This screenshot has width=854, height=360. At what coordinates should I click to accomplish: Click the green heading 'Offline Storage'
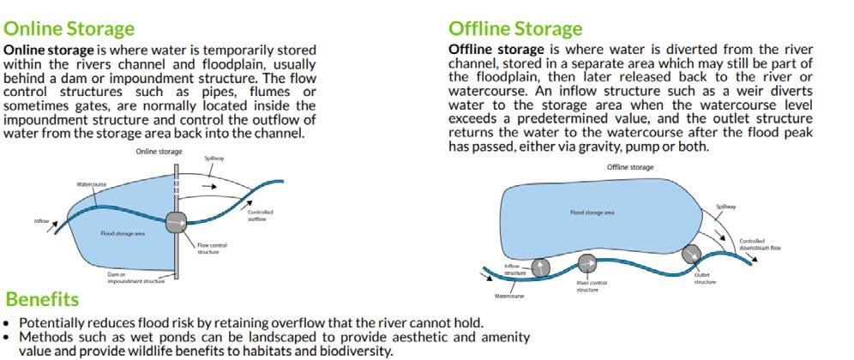click(515, 29)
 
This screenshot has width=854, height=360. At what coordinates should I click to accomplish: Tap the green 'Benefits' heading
click(42, 299)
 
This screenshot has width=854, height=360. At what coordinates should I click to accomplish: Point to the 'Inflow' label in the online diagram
click(41, 220)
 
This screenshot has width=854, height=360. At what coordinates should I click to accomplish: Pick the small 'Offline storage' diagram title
click(629, 167)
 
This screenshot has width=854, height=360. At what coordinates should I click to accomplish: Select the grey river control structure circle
click(586, 262)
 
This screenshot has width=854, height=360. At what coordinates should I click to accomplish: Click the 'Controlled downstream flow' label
click(759, 244)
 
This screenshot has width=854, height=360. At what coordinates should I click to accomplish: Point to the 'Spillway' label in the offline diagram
click(725, 207)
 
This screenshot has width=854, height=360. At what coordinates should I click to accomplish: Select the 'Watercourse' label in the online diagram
click(90, 183)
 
